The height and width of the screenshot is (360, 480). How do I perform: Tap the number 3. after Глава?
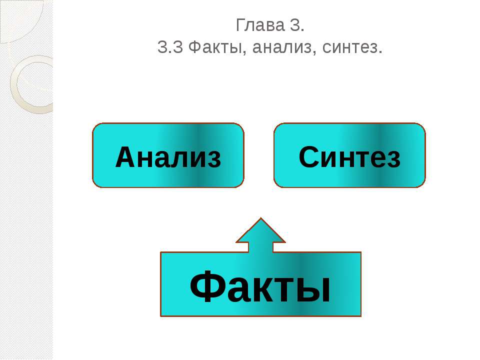[296, 25]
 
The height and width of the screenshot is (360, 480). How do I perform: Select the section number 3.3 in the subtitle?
[170, 47]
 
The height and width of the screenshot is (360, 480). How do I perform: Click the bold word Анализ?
[168, 157]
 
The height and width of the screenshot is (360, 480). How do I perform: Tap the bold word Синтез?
[349, 157]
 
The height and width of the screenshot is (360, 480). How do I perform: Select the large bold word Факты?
[260, 287]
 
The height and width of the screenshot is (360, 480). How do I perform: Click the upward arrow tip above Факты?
[260, 218]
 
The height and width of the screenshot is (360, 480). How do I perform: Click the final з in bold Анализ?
[213, 159]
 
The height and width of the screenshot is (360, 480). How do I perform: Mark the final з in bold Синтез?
[393, 159]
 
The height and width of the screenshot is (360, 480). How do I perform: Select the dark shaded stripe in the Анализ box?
[200, 155]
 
